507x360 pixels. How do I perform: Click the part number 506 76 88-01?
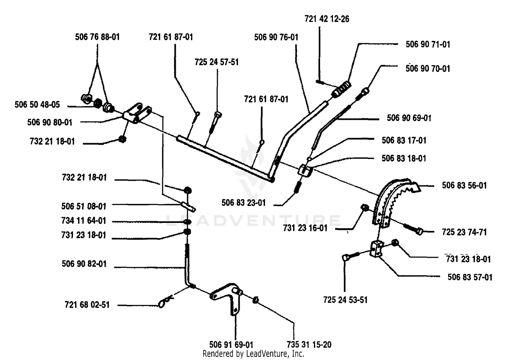coord(97,37)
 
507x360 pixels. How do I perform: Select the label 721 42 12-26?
coord(327,19)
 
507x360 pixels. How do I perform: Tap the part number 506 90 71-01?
coord(428,44)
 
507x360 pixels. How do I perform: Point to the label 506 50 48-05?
coord(37,105)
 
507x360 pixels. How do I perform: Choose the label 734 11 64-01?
coord(84,221)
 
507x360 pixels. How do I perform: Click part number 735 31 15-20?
coord(309,344)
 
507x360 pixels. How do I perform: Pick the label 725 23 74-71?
coord(464,232)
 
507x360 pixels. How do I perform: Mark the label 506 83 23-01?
coord(244,203)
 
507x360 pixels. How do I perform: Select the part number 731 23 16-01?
coord(305,228)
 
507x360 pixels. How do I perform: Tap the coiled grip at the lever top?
coord(341,89)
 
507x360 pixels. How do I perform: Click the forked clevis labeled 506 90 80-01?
coord(137,113)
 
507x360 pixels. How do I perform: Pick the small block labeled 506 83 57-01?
coord(377,249)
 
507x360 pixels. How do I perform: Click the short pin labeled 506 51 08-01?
coord(188,206)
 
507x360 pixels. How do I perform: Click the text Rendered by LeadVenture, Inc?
coord(253,354)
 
